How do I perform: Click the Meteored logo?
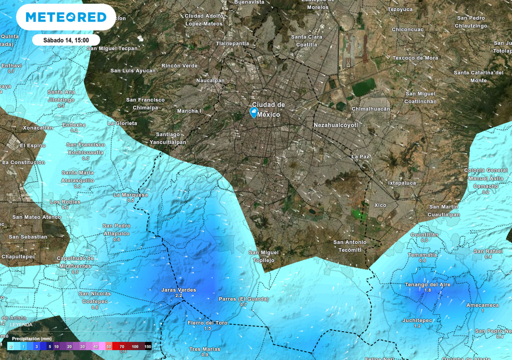(66, 17)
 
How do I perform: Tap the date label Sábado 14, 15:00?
(66, 40)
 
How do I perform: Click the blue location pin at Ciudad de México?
(254, 112)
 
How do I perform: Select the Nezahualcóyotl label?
(335, 125)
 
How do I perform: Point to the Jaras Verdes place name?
(178, 290)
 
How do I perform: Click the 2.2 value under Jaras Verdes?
(178, 296)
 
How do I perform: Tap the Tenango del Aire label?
(427, 284)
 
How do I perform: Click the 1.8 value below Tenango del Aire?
(427, 290)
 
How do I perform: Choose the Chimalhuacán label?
(370, 108)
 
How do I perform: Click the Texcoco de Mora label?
(415, 58)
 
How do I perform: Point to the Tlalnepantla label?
(232, 43)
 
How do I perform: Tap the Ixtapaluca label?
(402, 183)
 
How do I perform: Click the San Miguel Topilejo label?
(263, 256)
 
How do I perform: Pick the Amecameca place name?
(482, 305)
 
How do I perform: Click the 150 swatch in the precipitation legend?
(147, 346)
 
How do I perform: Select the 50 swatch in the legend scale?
(108, 346)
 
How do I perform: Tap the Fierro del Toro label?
(207, 323)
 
